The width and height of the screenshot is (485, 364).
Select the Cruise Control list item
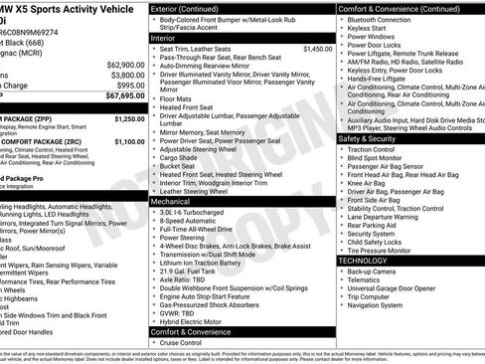click(x=186, y=342)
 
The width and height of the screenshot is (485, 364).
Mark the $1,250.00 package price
click(x=129, y=118)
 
